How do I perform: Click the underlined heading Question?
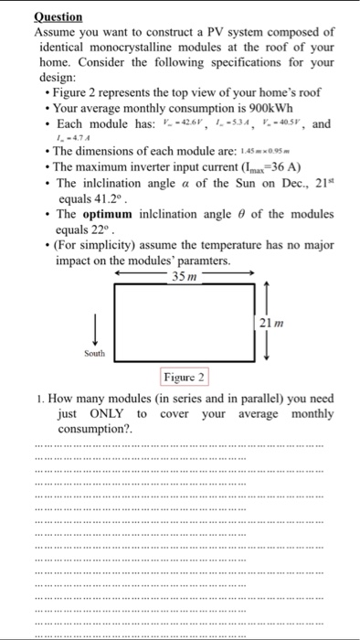coord(58,16)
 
